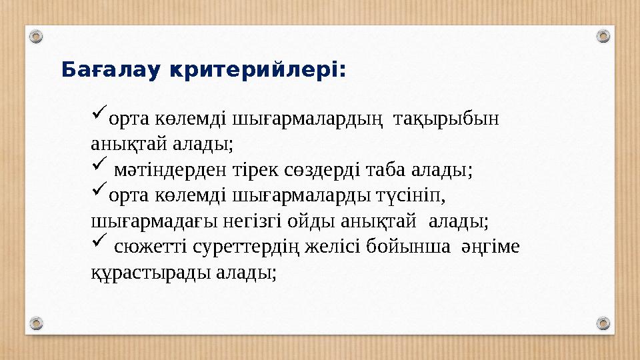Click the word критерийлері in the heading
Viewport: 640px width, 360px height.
pyautogui.click(x=256, y=69)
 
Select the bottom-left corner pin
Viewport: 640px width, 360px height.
pyautogui.click(x=37, y=323)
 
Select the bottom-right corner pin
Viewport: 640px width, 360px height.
pyautogui.click(x=603, y=323)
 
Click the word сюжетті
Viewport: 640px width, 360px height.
pyautogui.click(x=151, y=247)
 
